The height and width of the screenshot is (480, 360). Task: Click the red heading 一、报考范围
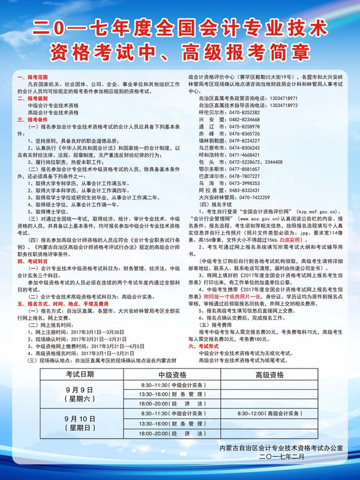[x=31, y=78]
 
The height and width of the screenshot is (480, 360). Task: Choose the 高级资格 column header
[x=269, y=374]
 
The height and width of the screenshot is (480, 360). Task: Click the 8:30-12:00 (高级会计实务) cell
[x=269, y=414]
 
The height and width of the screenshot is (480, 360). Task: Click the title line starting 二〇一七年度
[x=180, y=28]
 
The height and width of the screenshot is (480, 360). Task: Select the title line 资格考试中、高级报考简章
[x=180, y=50]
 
